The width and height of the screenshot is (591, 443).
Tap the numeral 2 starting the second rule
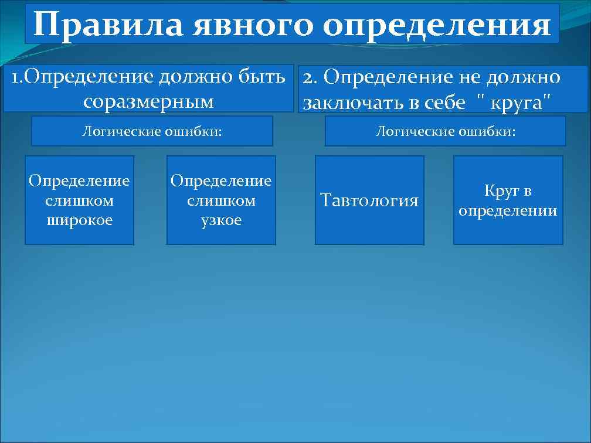(308, 77)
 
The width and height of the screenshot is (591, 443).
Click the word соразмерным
(148, 101)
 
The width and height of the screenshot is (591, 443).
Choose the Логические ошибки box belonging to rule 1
(152, 131)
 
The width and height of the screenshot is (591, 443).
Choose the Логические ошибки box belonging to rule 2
(445, 131)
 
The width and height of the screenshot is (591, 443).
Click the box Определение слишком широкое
(79, 200)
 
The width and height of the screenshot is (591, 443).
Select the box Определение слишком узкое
(221, 200)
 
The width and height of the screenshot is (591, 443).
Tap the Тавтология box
(369, 200)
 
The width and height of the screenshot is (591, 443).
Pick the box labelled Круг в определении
(508, 200)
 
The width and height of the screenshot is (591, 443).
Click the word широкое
(79, 220)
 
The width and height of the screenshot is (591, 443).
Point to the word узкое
(221, 220)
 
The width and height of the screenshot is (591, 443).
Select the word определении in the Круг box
(508, 210)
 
